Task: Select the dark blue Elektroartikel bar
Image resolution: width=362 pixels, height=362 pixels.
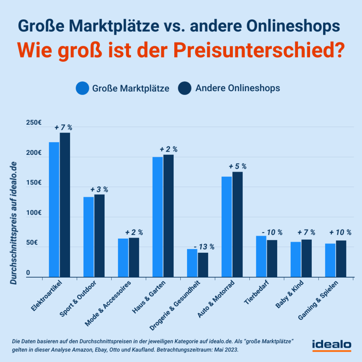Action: coord(65,205)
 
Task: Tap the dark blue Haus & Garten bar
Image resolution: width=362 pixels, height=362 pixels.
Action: coord(168,216)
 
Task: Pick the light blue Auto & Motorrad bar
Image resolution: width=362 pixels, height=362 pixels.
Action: coord(227,227)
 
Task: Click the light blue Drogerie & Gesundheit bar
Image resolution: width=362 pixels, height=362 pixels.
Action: coord(192,263)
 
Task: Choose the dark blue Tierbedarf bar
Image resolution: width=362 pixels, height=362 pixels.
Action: coord(272,259)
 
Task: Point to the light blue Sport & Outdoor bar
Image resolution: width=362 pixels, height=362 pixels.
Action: coord(88,237)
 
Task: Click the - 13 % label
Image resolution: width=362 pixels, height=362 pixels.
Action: coord(204,247)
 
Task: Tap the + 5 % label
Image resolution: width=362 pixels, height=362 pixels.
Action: coord(237,166)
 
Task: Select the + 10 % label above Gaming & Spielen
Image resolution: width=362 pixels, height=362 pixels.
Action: coord(340,232)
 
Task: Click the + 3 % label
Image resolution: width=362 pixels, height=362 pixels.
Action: coord(99,189)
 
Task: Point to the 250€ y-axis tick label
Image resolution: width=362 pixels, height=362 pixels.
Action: coord(34,123)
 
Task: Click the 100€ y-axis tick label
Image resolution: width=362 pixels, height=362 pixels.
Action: coord(34,213)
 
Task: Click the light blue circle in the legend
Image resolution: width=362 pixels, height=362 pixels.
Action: coord(82,88)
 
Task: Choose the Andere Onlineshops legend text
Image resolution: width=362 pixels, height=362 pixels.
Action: coord(238,88)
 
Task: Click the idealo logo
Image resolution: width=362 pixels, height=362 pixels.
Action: coord(331,345)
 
